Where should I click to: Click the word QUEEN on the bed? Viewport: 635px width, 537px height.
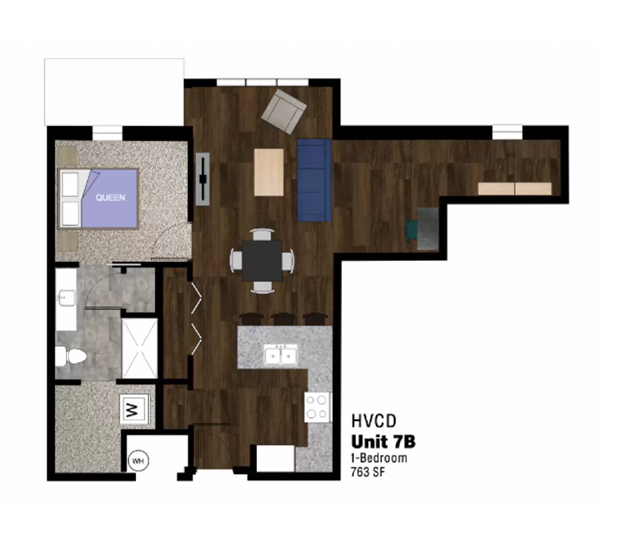coord(110,198)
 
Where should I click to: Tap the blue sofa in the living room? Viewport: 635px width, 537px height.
coord(314,180)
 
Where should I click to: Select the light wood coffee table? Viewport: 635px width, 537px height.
coord(269,172)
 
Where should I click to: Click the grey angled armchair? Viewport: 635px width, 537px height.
coord(283,111)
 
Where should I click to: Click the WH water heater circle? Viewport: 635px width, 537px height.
coord(138,461)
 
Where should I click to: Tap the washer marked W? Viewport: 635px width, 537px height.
coord(134,409)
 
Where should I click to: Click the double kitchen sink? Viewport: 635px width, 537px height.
coord(281,354)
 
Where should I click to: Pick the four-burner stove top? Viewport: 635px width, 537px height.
coord(317,407)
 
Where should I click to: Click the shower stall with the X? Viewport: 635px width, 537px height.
coord(139,348)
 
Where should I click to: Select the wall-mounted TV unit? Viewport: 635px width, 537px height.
coord(202,179)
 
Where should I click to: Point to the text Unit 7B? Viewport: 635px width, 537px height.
coord(383,441)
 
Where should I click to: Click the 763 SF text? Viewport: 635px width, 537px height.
coord(368,472)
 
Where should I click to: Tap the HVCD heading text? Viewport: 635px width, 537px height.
coord(373,421)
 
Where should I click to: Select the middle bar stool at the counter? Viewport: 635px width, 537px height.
coord(283,319)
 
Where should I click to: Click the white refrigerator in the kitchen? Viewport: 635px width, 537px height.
coord(275,458)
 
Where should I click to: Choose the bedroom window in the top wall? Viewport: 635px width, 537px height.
coord(107,133)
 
